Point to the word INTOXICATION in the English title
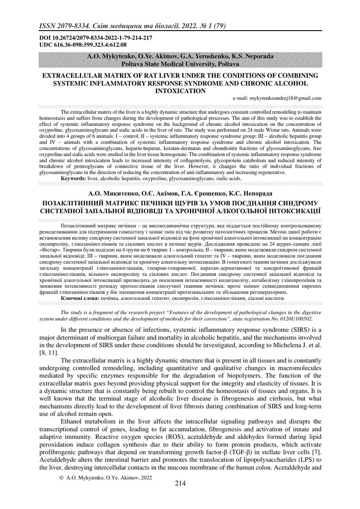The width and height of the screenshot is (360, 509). point(180,90)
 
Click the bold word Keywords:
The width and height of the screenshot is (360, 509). point(74,179)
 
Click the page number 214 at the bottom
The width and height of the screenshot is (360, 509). point(180,483)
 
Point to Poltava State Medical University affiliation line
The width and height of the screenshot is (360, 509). point(180,64)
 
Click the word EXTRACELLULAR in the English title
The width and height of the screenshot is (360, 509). point(74,76)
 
